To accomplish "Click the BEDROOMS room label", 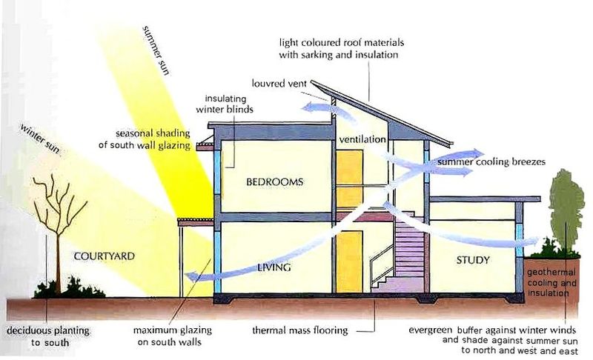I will [265, 181].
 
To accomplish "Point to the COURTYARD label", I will [104, 256].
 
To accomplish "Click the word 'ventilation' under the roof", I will [362, 139].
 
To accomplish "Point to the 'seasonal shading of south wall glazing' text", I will [154, 140].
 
